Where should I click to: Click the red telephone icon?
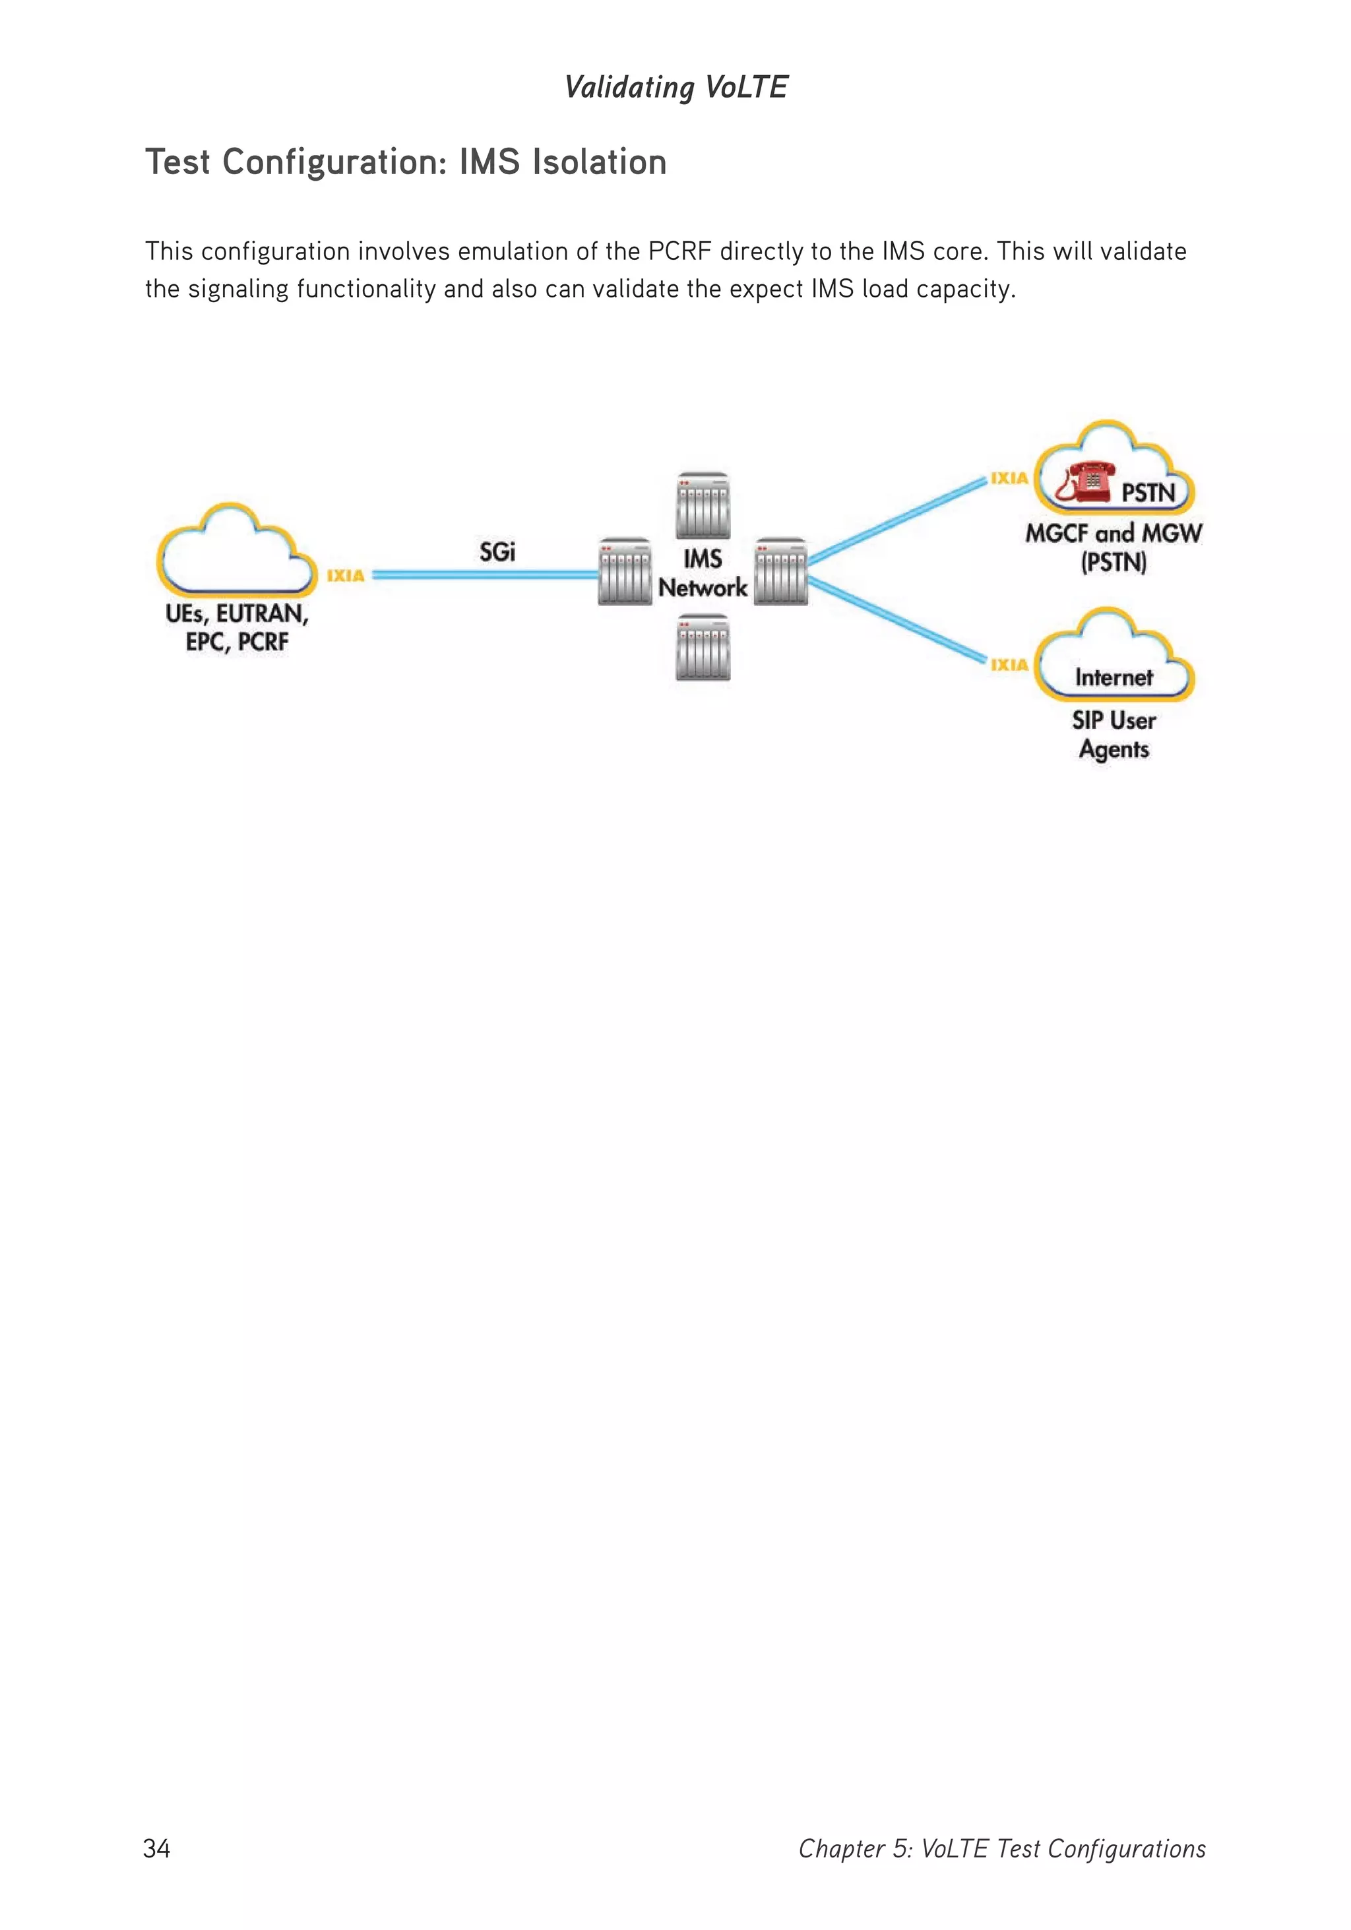[x=1084, y=483]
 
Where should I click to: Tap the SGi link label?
[x=497, y=552]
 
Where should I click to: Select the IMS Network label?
[x=702, y=573]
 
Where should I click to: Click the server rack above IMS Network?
[x=703, y=505]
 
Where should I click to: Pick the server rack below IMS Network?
[x=703, y=647]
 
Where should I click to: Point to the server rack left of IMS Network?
[x=625, y=572]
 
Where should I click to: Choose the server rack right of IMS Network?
[x=781, y=572]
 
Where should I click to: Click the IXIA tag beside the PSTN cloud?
[x=1009, y=478]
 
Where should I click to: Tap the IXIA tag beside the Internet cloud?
[x=1009, y=665]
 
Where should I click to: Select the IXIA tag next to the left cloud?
[x=346, y=576]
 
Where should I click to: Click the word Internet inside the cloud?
[x=1113, y=677]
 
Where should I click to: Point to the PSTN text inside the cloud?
[x=1148, y=493]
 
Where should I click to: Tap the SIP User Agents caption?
[x=1113, y=735]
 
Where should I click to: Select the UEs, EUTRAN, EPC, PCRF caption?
[x=237, y=627]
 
